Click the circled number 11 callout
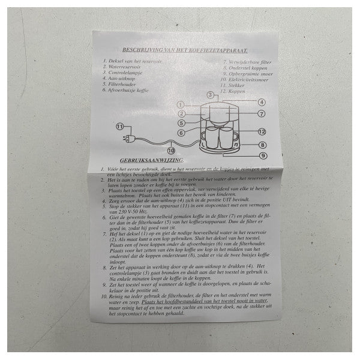pos(120,127)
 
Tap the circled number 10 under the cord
pos(171,151)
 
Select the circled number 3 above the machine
pos(210,95)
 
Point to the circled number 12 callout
pos(262,131)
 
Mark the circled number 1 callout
pos(180,104)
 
